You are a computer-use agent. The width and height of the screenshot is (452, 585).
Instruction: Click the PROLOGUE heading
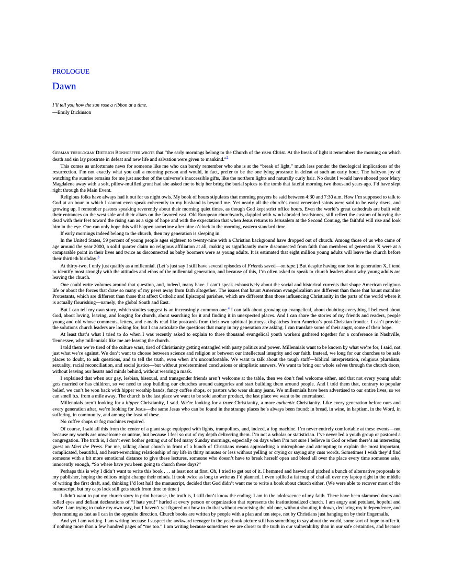(71, 72)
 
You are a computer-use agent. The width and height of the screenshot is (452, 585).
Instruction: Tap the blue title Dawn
(64, 86)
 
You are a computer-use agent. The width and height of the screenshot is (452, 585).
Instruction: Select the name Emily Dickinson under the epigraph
(74, 112)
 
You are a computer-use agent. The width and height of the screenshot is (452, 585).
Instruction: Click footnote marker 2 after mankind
(227, 157)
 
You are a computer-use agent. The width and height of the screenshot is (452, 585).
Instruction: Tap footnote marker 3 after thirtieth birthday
(98, 257)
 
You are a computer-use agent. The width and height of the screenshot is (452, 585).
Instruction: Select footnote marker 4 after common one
(229, 308)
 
